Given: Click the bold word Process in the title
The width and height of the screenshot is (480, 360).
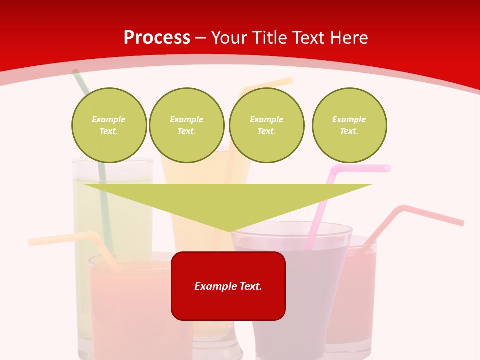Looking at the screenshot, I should pyautogui.click(x=157, y=38).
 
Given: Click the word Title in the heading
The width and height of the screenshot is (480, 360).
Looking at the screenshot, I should pyautogui.click(x=271, y=38).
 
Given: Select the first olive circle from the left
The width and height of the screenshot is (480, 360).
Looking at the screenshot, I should pyautogui.click(x=109, y=125).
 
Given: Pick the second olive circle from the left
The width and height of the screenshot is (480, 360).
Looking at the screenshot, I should pyautogui.click(x=186, y=125).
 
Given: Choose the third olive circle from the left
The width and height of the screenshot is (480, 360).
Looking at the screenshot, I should pyautogui.click(x=266, y=125).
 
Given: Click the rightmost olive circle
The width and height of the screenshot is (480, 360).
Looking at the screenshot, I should pyautogui.click(x=349, y=125).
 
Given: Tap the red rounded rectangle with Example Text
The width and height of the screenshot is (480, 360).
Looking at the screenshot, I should pyautogui.click(x=228, y=286).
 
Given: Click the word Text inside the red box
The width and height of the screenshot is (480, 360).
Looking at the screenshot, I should pyautogui.click(x=248, y=286).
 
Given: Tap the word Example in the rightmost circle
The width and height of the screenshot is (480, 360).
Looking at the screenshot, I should pyautogui.click(x=349, y=120).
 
